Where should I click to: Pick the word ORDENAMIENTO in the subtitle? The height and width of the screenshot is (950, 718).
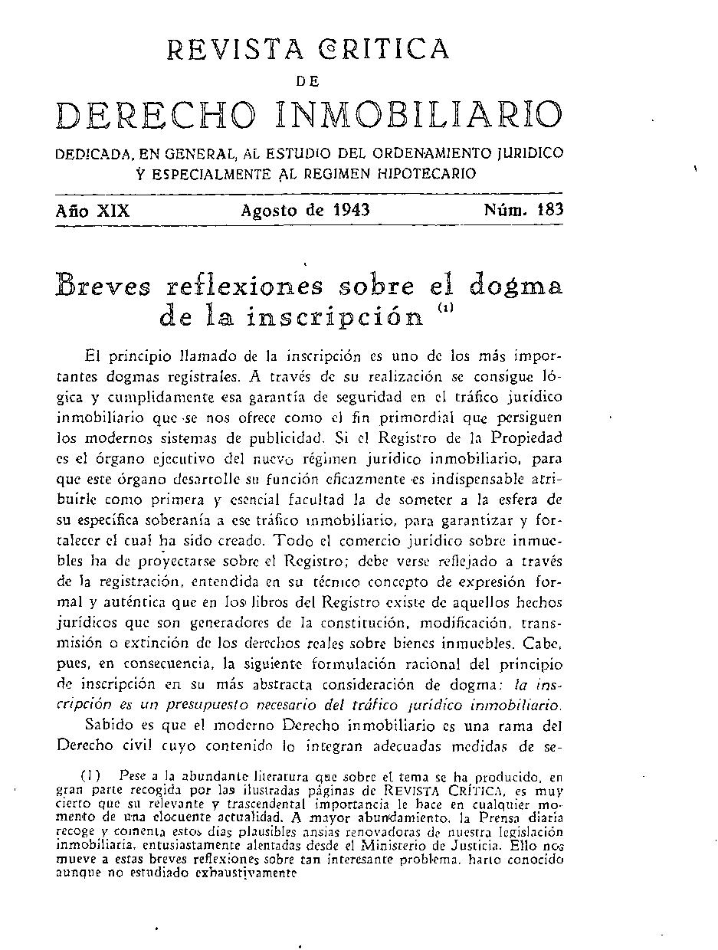(x=423, y=153)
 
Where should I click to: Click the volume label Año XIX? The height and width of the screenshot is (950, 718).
(x=93, y=210)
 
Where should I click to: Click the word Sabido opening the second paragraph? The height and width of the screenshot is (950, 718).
(x=109, y=725)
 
